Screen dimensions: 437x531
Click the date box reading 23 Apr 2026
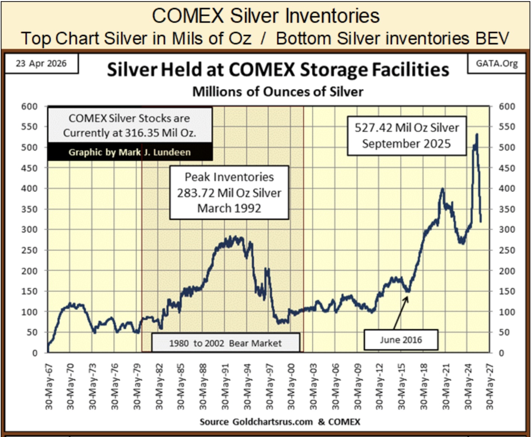pyautogui.click(x=41, y=63)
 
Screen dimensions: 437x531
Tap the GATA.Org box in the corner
pyautogui.click(x=497, y=63)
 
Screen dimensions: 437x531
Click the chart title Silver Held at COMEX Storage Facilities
pyautogui.click(x=278, y=70)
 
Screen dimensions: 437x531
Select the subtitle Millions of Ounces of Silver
pyautogui.click(x=278, y=92)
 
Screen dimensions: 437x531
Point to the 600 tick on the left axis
pyautogui.click(x=29, y=106)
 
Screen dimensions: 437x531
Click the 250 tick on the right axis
pyautogui.click(x=507, y=250)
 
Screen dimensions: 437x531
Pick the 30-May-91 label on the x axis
pyautogui.click(x=225, y=386)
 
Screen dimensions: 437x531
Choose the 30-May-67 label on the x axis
pyautogui.click(x=49, y=386)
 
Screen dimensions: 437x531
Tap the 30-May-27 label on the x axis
pyautogui.click(x=490, y=386)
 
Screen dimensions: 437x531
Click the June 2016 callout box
pyautogui.click(x=401, y=340)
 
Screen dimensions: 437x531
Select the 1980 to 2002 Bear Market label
pyautogui.click(x=225, y=343)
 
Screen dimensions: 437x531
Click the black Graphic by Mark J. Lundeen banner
pyautogui.click(x=130, y=152)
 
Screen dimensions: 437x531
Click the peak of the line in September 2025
pyautogui.click(x=477, y=134)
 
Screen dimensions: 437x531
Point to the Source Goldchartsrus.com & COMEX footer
pyautogui.click(x=280, y=422)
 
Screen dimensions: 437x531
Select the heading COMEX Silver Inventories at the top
pyautogui.click(x=265, y=16)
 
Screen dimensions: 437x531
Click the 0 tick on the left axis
pyautogui.click(x=35, y=353)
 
